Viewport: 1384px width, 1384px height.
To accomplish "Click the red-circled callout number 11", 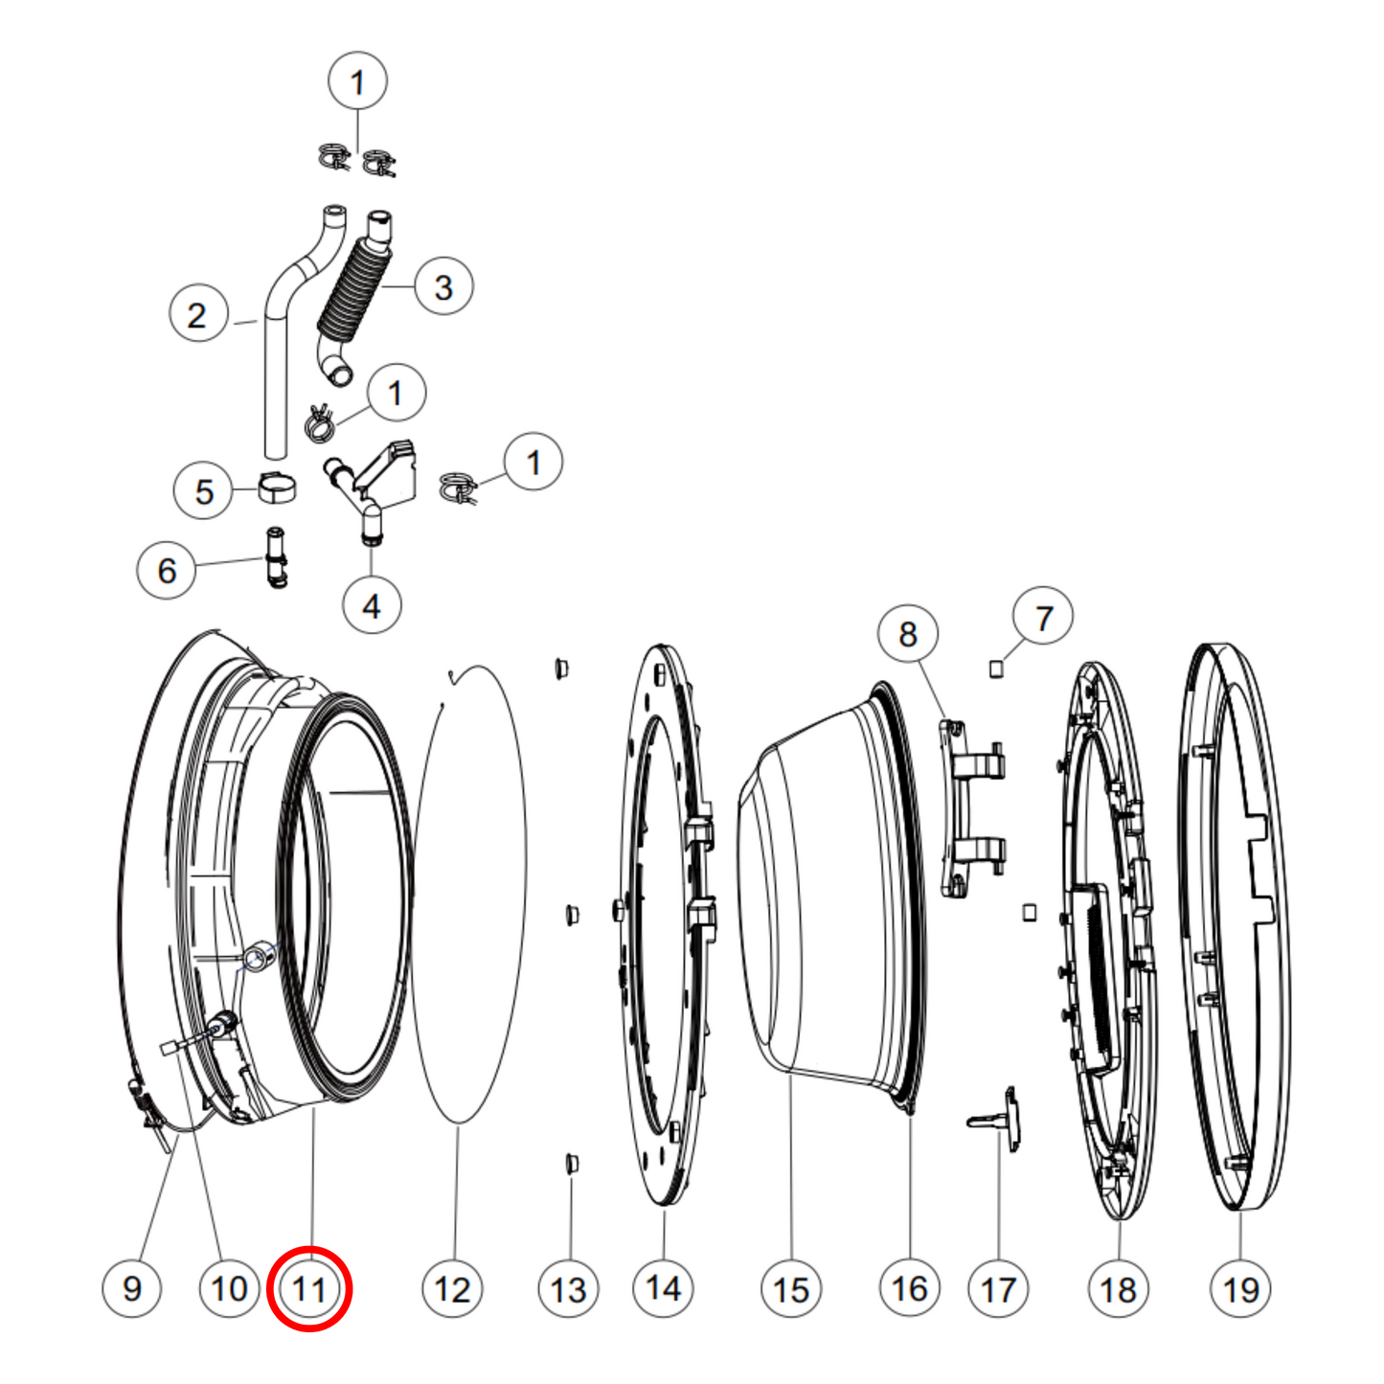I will [309, 1289].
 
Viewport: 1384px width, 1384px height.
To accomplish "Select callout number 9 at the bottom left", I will [132, 1288].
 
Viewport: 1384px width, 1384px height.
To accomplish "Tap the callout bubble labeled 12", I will [452, 1289].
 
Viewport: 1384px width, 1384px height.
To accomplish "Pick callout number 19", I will [1240, 1289].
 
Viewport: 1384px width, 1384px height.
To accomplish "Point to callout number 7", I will [1043, 618].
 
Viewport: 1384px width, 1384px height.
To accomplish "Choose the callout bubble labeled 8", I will [908, 634].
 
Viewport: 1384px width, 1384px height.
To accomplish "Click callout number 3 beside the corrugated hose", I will [443, 286].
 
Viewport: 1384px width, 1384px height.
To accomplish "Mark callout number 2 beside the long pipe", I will [197, 314].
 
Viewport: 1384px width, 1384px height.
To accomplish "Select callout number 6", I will [167, 570].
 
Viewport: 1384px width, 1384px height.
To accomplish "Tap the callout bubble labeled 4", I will [372, 605].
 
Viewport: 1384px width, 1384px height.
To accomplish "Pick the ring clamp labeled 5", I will [277, 488].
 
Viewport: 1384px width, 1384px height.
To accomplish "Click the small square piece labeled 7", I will [996, 669].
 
